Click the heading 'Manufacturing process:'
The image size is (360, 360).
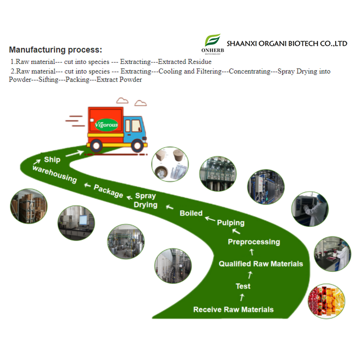pos(55,50)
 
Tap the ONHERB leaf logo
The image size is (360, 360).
pos(212,40)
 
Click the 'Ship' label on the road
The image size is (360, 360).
pos(52,159)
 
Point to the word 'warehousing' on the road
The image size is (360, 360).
pos(54,174)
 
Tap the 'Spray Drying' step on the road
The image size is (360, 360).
pos(145,200)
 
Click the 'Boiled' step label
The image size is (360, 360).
pos(191,213)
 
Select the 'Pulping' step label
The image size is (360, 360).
pos(231,222)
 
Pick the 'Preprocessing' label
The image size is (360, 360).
pos(253,242)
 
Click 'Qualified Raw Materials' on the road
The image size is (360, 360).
pos(261,264)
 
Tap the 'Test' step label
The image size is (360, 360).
pos(243,286)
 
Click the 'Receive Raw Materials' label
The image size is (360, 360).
pos(233,310)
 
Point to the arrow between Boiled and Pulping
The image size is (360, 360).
pos(210,219)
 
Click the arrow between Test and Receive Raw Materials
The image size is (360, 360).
pos(242,297)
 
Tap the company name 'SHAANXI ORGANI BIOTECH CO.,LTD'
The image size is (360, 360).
pos(287,44)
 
